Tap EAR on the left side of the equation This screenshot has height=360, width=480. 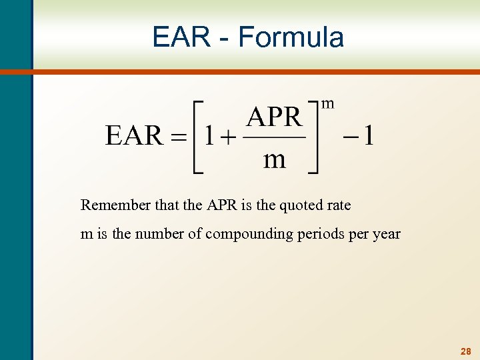click(134, 136)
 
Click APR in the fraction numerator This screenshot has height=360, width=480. click(274, 117)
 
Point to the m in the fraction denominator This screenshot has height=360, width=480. click(275, 160)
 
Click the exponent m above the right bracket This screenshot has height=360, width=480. click(328, 103)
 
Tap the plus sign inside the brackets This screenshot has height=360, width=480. click(229, 137)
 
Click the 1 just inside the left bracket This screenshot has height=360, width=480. click(209, 137)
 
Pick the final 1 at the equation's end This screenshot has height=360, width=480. click(369, 137)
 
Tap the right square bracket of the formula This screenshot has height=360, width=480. click(313, 137)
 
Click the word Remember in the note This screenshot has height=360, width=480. click(110, 205)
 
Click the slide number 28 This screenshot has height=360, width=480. click(465, 351)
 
